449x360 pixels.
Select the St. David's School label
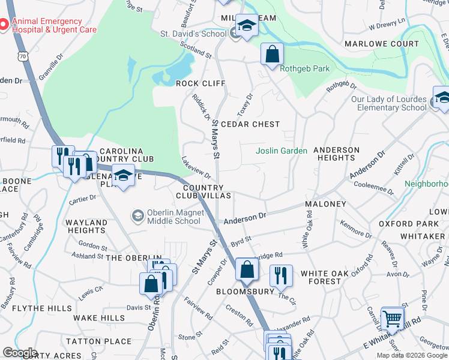[x=193, y=34]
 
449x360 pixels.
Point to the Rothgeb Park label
[x=305, y=68]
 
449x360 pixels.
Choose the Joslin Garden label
[x=282, y=151]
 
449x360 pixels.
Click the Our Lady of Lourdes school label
[x=388, y=103]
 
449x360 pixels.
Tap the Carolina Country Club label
[x=127, y=154]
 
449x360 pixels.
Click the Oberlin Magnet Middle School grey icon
[x=137, y=215]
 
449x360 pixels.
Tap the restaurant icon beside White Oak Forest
[x=280, y=275]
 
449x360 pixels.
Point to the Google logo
[x=20, y=353]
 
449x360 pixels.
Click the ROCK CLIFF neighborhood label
[x=200, y=83]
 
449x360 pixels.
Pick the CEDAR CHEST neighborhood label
[x=250, y=124]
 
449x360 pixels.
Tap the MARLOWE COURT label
[x=381, y=44]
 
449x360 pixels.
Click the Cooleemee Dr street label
[x=373, y=190]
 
